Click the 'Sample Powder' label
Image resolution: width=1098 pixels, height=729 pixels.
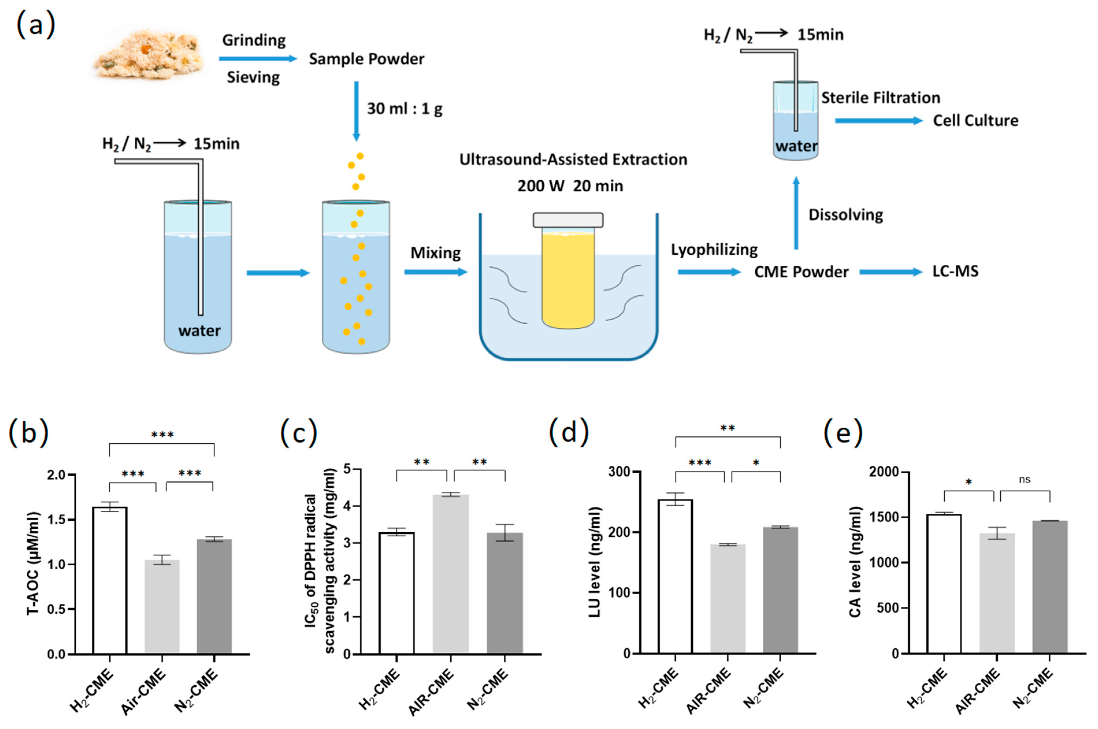tap(366, 59)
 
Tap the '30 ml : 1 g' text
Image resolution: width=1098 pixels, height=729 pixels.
tap(404, 109)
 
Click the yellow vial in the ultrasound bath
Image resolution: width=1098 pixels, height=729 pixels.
tap(568, 279)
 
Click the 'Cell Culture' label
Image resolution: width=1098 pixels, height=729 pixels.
tap(975, 121)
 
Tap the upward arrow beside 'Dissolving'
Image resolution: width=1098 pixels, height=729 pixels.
tap(796, 214)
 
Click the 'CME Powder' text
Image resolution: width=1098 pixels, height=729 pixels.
tap(801, 272)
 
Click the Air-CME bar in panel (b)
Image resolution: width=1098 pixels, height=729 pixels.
tap(162, 607)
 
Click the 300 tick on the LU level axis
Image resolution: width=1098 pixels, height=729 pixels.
tap(620, 472)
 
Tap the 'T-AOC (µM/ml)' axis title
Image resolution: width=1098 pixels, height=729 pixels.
tap(34, 563)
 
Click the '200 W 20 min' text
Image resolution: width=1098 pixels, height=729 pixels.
tap(570, 186)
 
